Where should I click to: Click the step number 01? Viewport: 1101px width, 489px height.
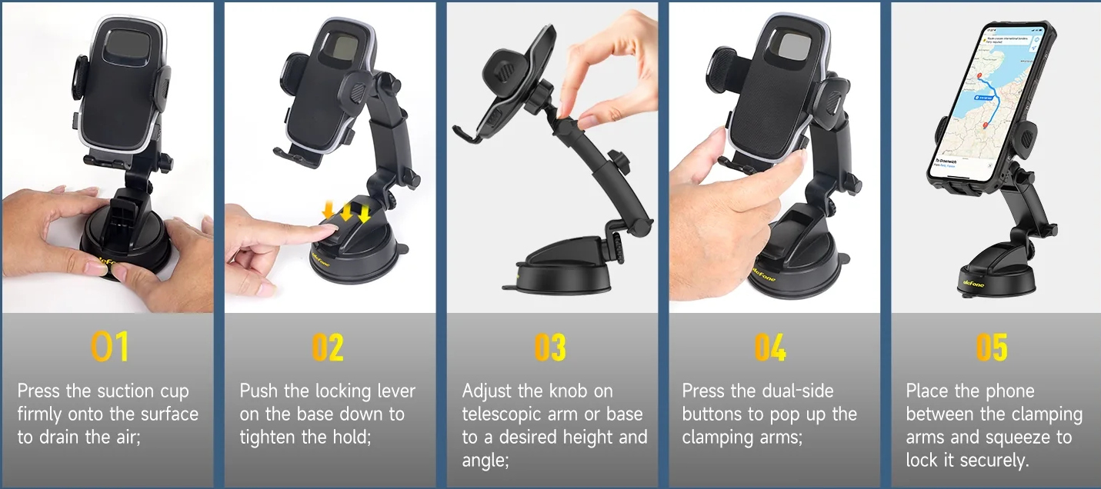pyautogui.click(x=109, y=347)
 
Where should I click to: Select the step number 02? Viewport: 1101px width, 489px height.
pyautogui.click(x=328, y=348)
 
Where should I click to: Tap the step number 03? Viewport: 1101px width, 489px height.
pyautogui.click(x=550, y=348)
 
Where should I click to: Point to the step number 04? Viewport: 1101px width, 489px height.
pyautogui.click(x=770, y=348)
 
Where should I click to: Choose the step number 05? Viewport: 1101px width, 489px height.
pyautogui.click(x=992, y=348)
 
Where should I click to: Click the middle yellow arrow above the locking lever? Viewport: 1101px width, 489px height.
pyautogui.click(x=346, y=211)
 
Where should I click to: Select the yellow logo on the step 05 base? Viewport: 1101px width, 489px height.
pyautogui.click(x=974, y=284)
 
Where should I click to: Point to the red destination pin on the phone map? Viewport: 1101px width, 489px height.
pyautogui.click(x=985, y=125)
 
